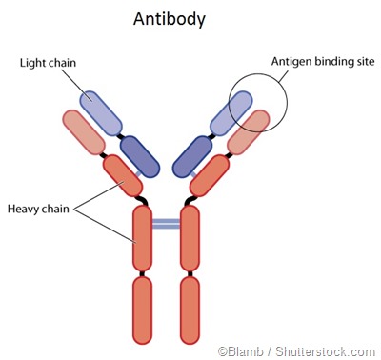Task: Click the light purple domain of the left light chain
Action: (x=102, y=112)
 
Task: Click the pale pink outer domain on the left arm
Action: (x=83, y=133)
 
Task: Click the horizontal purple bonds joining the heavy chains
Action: (x=167, y=224)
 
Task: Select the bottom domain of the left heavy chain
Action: (x=143, y=309)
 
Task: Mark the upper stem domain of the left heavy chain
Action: (x=143, y=237)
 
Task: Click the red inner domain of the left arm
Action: (x=122, y=175)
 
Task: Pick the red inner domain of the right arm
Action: (x=211, y=175)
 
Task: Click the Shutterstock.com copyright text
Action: (x=295, y=350)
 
